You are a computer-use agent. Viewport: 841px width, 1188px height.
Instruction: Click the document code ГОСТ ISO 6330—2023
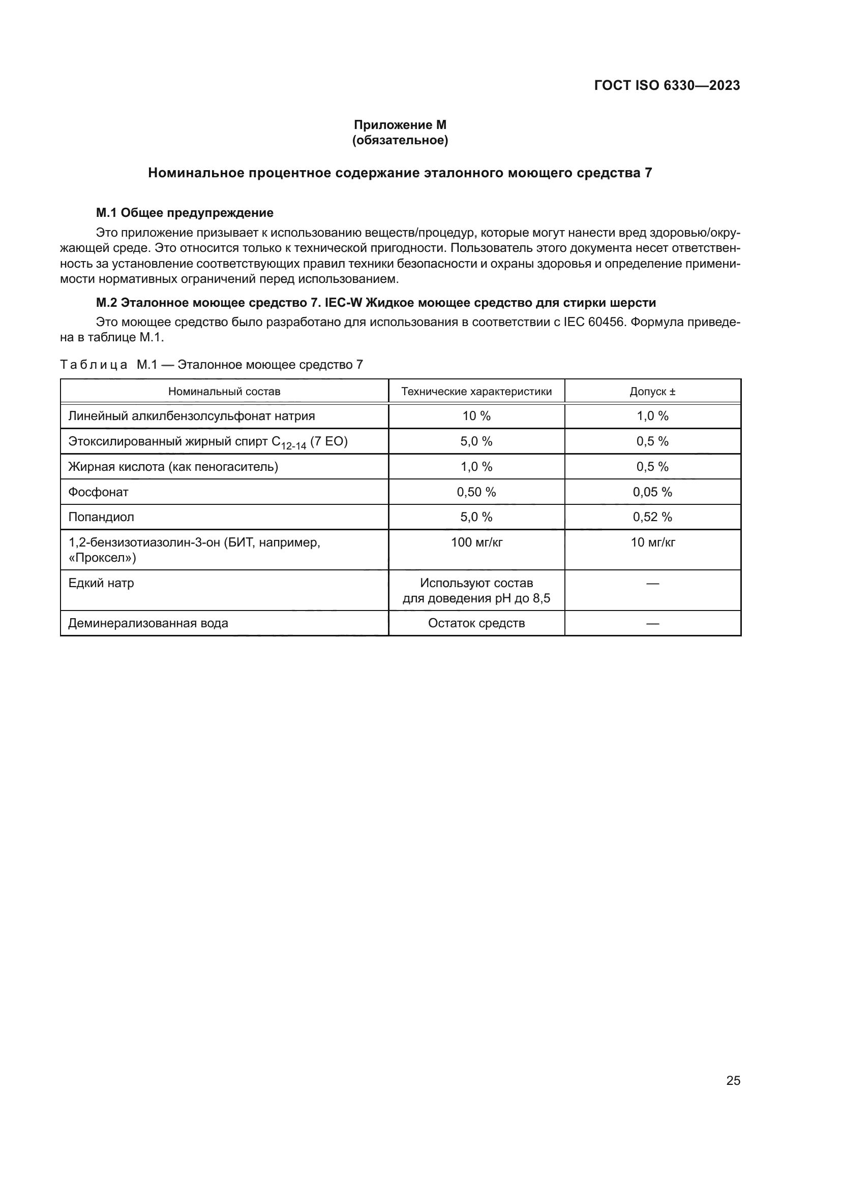tap(667, 85)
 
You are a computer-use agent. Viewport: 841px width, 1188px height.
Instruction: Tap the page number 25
tap(733, 1080)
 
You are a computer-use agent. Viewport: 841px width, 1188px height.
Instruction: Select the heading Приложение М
tap(400, 125)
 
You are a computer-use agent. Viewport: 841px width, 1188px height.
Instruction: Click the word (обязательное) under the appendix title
tap(400, 140)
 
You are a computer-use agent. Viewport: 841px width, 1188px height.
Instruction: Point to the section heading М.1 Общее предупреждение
tap(185, 213)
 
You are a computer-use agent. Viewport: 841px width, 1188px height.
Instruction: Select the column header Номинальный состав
tap(224, 391)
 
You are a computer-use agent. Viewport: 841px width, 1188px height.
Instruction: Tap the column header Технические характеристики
tap(476, 391)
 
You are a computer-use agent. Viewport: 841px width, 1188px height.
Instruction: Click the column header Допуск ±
tap(652, 391)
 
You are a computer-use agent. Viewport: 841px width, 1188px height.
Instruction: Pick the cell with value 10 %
tap(476, 416)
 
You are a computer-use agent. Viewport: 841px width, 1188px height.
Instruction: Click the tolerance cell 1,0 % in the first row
tap(652, 416)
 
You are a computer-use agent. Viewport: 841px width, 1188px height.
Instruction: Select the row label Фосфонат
tap(99, 492)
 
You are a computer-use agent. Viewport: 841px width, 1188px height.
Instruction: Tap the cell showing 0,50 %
tap(476, 492)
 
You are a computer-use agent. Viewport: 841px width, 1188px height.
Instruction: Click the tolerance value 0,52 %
tap(652, 517)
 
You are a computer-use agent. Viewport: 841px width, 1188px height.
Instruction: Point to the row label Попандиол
tap(101, 517)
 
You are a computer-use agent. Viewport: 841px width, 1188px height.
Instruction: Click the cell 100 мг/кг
tap(476, 542)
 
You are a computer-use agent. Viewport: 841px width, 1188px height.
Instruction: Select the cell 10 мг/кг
tap(652, 542)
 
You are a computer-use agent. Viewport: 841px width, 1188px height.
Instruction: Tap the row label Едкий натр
tap(101, 583)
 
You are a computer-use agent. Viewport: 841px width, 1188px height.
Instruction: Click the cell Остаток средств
tap(476, 623)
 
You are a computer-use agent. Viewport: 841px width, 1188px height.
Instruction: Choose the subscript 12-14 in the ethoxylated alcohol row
tap(293, 445)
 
